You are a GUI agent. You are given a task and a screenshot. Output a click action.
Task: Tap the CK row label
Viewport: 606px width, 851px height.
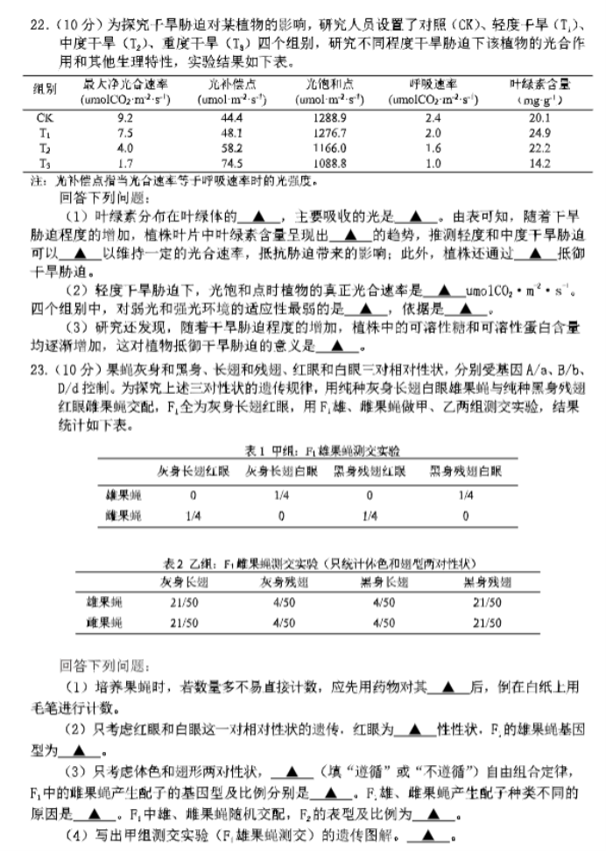tap(44, 116)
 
